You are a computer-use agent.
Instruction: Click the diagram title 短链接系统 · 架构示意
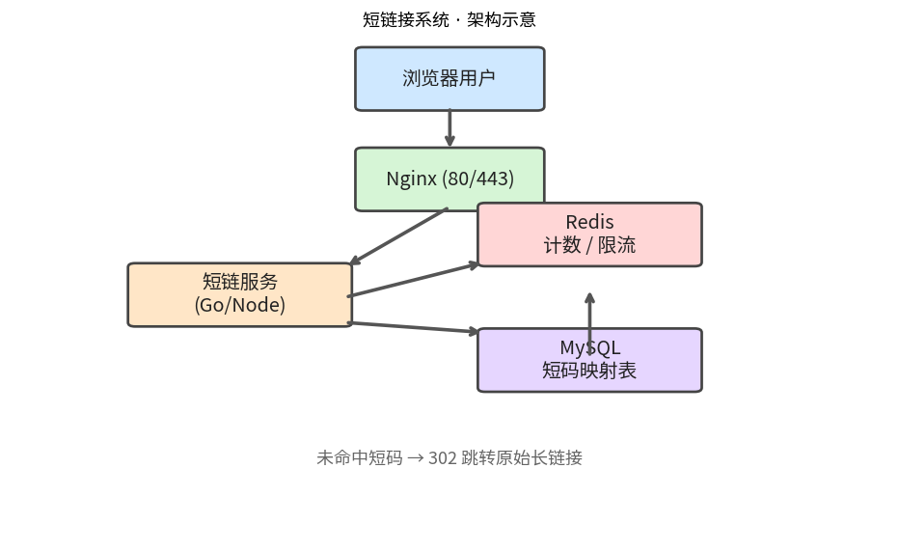[449, 20]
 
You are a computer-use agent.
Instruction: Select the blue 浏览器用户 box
[449, 78]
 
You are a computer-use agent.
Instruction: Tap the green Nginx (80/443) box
[449, 179]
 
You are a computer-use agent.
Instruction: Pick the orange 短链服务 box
[239, 294]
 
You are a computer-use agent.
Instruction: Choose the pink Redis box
[589, 234]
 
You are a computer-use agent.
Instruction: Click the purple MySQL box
[589, 360]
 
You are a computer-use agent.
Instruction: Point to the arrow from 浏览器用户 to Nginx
[449, 128]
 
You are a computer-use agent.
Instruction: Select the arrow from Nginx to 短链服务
[398, 236]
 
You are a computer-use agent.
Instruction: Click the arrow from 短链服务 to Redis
[413, 280]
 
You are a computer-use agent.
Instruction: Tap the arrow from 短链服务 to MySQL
[413, 327]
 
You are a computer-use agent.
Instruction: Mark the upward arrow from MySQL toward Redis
[589, 324]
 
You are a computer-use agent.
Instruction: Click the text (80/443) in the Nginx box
[478, 179]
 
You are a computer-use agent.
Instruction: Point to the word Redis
[589, 222]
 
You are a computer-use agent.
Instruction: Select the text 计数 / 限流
[589, 245]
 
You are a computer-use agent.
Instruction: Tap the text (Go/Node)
[239, 305]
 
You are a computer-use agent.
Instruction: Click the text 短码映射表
[589, 371]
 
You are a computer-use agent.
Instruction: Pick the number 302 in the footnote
[443, 458]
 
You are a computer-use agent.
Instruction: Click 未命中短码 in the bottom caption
[360, 458]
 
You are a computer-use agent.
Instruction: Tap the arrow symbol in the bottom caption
[416, 458]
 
